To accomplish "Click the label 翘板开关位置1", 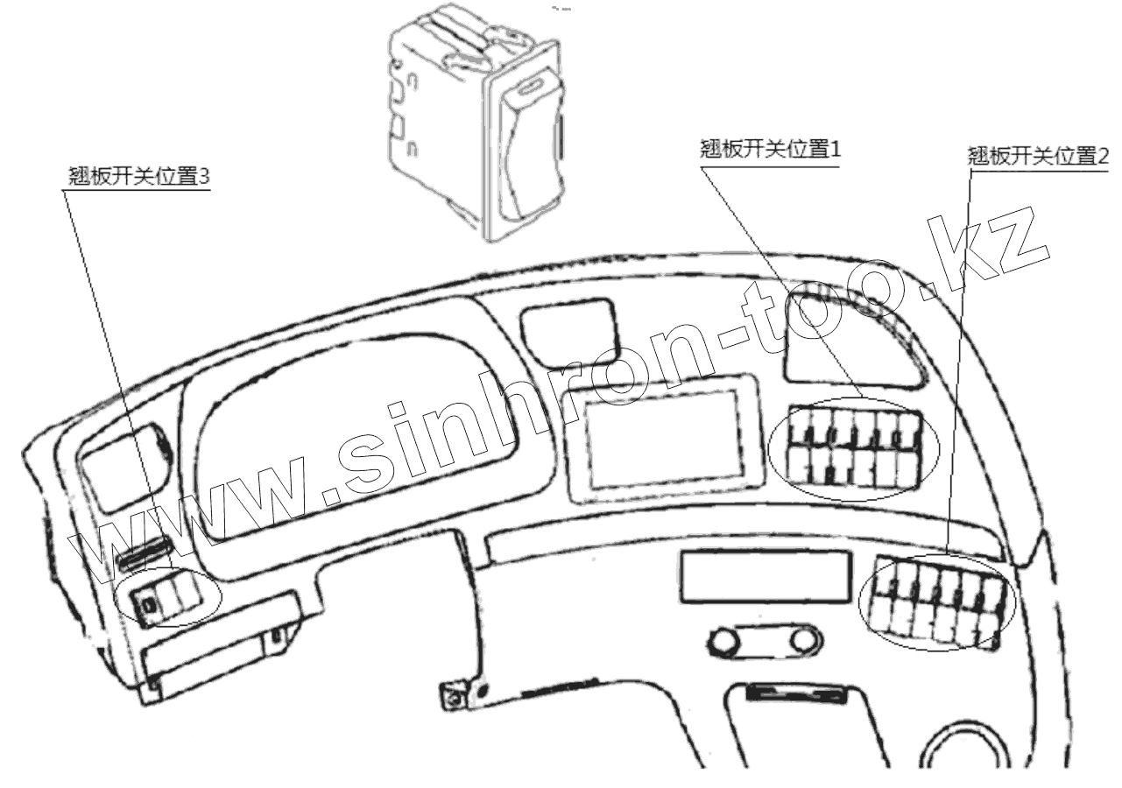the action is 771,149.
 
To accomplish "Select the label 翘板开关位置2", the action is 1038,157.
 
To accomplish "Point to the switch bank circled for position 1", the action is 852,448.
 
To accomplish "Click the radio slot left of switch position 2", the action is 765,577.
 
